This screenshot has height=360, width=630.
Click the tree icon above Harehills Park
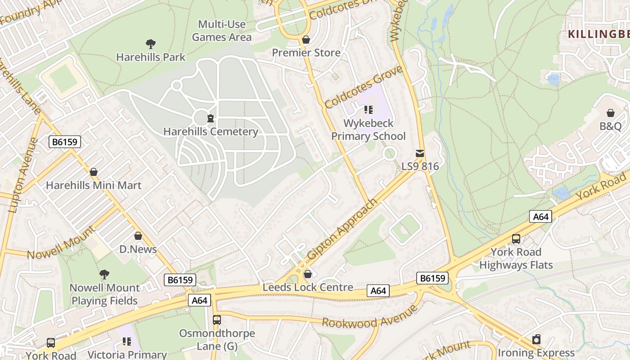click(151, 44)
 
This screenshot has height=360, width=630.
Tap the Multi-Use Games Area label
click(222, 31)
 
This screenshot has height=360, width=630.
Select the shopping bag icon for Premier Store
click(306, 40)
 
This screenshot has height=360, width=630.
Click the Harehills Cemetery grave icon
click(210, 119)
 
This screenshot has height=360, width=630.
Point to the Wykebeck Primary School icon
click(369, 110)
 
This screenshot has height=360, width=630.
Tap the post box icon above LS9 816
click(420, 153)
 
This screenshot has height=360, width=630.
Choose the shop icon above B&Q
click(611, 113)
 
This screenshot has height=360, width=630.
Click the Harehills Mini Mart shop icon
click(94, 172)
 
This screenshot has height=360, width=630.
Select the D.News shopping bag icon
click(138, 236)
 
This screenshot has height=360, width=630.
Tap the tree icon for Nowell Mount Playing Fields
click(104, 274)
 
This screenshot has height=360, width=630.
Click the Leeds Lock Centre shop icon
click(308, 274)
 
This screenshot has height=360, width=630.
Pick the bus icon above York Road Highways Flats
click(516, 239)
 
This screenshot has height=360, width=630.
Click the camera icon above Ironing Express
click(536, 339)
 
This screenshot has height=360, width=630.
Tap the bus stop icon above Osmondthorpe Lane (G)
click(217, 320)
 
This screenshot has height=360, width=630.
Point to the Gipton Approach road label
click(342, 229)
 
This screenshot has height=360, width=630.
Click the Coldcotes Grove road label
click(363, 87)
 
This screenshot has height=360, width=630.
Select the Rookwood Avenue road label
click(370, 317)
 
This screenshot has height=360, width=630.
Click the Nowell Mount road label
click(61, 243)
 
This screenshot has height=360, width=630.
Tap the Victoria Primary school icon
click(127, 342)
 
